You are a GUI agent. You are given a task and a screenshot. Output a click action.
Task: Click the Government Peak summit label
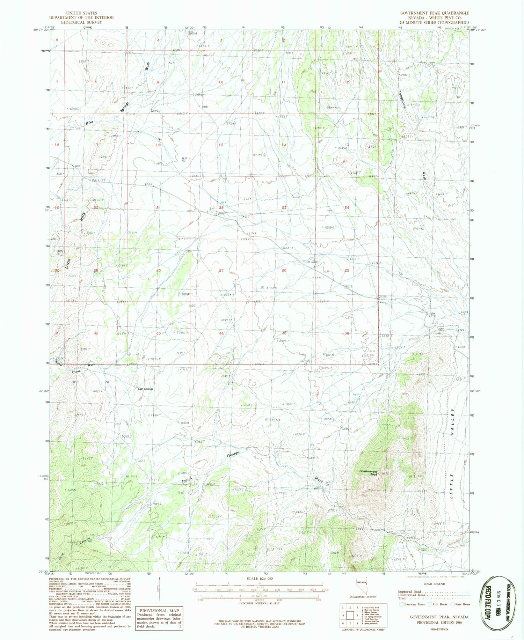(369, 473)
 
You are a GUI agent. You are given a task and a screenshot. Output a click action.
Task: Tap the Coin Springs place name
(145, 389)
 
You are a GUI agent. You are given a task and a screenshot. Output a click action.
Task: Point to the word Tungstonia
(402, 100)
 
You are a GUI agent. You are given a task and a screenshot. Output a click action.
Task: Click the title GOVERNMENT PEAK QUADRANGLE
(434, 13)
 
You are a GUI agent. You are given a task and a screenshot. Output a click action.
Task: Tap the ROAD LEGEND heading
(434, 584)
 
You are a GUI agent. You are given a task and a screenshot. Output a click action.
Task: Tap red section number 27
(221, 271)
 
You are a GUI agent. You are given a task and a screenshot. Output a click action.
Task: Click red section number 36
(347, 333)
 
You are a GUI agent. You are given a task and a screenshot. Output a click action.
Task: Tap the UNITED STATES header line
(74, 13)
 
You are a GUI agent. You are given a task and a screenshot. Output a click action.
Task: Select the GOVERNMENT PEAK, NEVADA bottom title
(439, 617)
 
